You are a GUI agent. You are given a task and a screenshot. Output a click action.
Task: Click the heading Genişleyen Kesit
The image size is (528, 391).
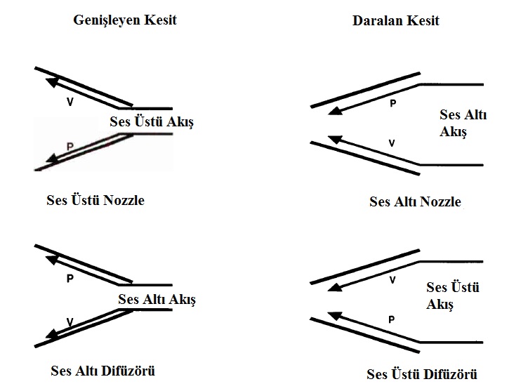tap(125, 20)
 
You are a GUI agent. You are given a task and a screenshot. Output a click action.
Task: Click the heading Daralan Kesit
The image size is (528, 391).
tap(395, 20)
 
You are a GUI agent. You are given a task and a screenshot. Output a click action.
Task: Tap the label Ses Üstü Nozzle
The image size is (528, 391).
tap(95, 200)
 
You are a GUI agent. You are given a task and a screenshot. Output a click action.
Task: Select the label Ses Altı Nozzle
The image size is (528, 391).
tap(415, 201)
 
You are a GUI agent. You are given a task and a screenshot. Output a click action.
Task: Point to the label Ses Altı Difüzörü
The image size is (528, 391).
tap(103, 370)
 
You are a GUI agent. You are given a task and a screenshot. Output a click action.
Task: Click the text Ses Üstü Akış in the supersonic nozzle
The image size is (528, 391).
tap(151, 121)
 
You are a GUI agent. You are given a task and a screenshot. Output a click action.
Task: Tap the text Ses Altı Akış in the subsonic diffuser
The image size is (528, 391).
tap(157, 300)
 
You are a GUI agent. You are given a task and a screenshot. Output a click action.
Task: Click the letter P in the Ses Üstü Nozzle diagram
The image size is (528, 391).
tap(69, 145)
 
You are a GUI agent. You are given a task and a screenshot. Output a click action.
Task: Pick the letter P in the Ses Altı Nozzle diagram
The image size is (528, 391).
tap(392, 102)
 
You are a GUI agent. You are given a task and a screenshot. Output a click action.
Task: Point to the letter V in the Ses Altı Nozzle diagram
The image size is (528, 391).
tap(392, 143)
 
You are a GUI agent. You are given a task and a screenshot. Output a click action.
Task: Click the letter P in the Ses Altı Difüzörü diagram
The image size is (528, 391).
tap(70, 278)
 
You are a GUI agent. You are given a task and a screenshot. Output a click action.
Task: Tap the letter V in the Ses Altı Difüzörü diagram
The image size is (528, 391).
tap(70, 322)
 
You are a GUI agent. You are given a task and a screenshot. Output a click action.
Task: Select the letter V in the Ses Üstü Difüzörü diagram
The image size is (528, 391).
tap(392, 279)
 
